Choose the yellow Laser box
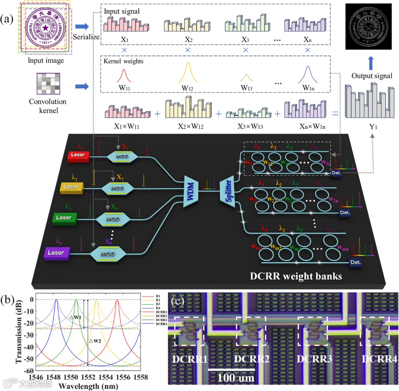click(x=71, y=186)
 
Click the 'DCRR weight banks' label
click(x=296, y=276)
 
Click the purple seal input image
click(x=46, y=28)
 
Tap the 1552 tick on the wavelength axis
click(x=88, y=377)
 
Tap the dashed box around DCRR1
click(x=189, y=331)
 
